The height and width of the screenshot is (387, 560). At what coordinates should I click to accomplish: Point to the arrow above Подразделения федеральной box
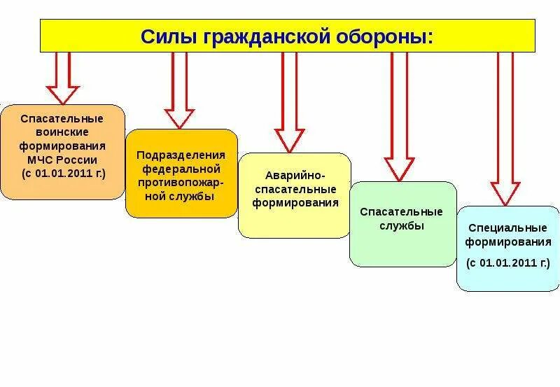pos(179,91)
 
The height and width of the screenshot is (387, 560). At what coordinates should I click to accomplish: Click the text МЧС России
pos(62,160)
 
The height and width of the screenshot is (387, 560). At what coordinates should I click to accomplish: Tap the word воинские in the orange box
pos(62,132)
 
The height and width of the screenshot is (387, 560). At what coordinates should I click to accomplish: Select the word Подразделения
pos(181,155)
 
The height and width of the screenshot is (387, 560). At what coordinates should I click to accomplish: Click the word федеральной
pos(181,169)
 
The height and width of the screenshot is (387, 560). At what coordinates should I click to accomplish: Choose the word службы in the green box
pos(402,225)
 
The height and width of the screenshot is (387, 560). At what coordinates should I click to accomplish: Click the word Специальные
pos(507,228)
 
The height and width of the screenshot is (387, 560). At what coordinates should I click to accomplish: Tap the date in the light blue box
pos(507,263)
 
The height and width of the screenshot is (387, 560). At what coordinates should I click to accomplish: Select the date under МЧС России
pos(62,174)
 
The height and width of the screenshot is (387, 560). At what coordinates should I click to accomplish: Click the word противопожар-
pos(181,183)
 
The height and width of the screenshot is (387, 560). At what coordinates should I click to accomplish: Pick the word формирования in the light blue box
pos(507,242)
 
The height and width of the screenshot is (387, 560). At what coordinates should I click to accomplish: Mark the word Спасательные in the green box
pos(402,211)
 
